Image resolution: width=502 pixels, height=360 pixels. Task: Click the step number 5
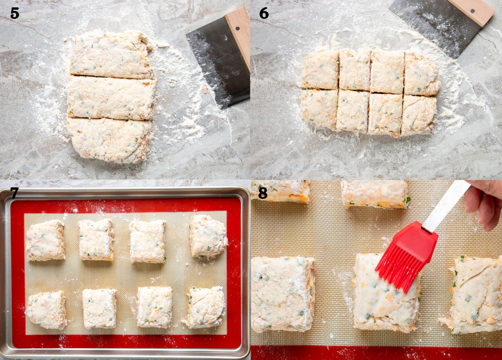[x=15, y=13]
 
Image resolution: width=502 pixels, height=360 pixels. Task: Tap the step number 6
[x=264, y=13]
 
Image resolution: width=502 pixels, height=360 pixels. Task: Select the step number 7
[x=14, y=193]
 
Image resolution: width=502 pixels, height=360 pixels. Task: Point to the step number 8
[x=263, y=193]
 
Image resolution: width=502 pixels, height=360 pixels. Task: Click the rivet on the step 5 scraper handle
[x=238, y=28]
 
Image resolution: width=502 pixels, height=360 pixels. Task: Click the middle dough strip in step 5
[x=111, y=98]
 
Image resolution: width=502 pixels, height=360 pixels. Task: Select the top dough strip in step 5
[x=112, y=54]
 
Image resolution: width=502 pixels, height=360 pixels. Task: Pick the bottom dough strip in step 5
[x=110, y=140]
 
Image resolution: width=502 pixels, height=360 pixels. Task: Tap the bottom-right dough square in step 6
[x=419, y=116]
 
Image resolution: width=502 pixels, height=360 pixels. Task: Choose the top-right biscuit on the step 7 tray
[x=208, y=236]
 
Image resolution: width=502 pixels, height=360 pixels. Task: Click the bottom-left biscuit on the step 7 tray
[x=46, y=310]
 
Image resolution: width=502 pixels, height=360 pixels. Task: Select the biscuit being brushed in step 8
[x=387, y=293]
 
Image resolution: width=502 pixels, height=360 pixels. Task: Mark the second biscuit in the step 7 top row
[x=96, y=240]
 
